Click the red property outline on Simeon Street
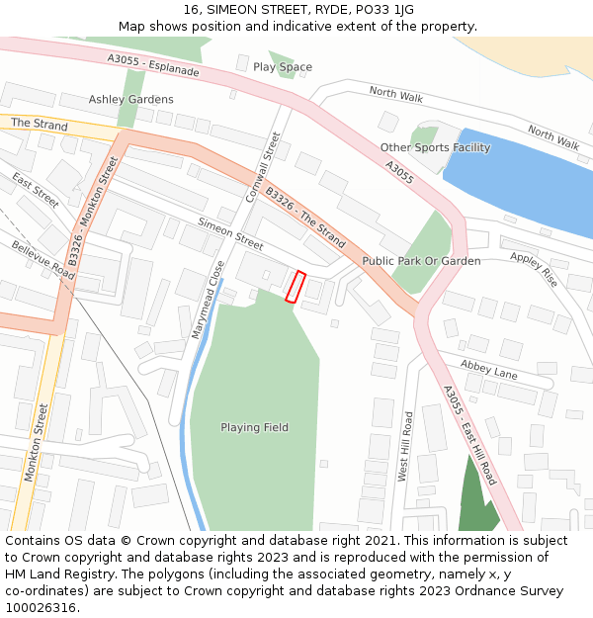tap(295, 286)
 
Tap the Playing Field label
tap(254, 428)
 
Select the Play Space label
tap(283, 67)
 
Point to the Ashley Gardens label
tap(130, 100)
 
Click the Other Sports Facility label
tap(435, 148)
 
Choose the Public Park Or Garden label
tap(421, 261)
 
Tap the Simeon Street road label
tap(230, 233)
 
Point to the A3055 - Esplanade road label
tap(153, 66)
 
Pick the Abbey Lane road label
tap(488, 371)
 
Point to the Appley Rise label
tap(534, 270)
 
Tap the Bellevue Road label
tap(42, 260)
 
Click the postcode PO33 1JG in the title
tap(379, 9)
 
